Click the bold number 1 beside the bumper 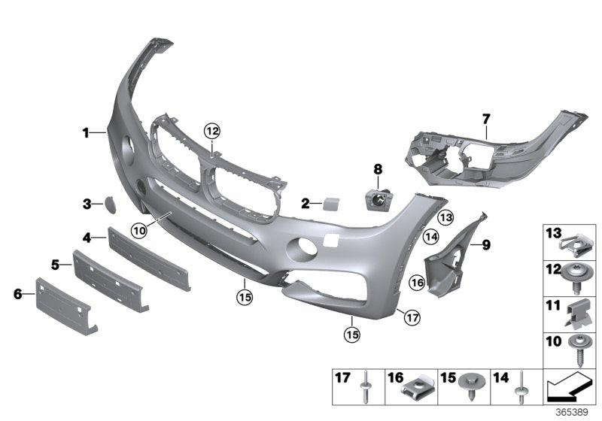click(87, 133)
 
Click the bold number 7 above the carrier click(486, 119)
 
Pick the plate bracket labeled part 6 click(66, 304)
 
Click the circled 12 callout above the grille click(213, 132)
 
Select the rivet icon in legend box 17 click(365, 389)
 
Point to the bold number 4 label click(87, 238)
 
